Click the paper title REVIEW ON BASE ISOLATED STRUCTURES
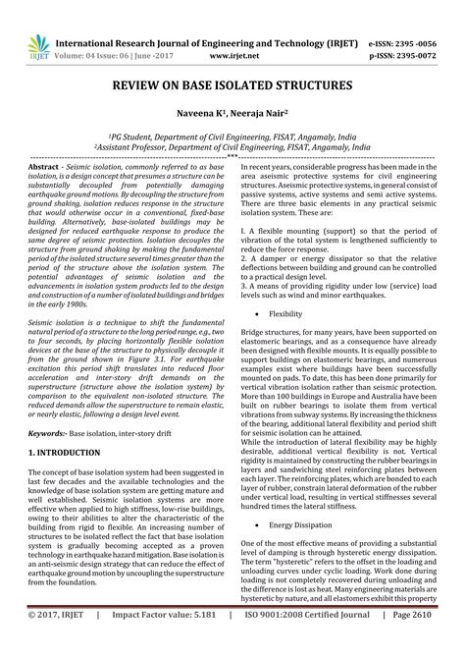click(232, 86)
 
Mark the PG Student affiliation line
click(232, 139)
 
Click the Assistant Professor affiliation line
click(232, 150)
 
